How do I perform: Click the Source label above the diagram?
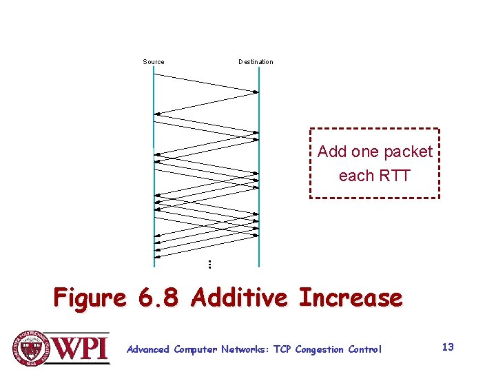point(154,62)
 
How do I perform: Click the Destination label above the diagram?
point(256,62)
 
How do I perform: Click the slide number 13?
point(448,347)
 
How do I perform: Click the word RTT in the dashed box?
point(394,176)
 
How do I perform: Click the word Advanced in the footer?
point(148,350)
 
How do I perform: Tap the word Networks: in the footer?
point(245,350)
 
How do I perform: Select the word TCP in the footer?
point(282,350)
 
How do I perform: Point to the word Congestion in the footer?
point(320,350)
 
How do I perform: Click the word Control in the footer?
point(365,350)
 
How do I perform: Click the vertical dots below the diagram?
point(209,264)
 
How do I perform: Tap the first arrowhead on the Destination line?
point(256,92)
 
